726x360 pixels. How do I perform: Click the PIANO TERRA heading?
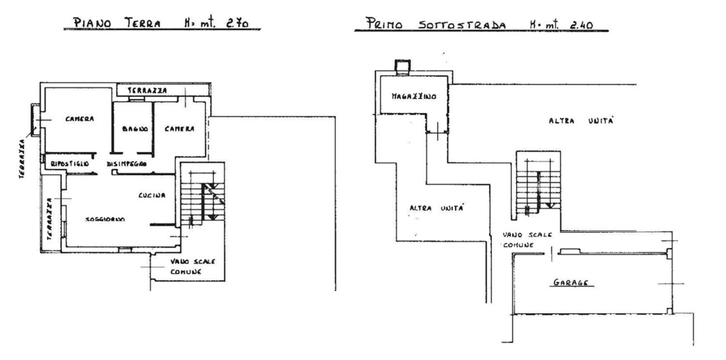point(117,23)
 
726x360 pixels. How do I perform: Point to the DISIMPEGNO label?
point(127,164)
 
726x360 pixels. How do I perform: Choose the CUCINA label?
point(152,195)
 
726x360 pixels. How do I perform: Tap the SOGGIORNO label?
point(105,219)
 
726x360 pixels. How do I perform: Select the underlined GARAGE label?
point(573,283)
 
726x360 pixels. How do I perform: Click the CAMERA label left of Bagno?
point(80,119)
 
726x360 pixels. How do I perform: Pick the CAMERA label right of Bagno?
point(179,129)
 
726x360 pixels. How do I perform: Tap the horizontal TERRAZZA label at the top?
point(148,90)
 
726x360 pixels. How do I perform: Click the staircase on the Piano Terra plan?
point(202,198)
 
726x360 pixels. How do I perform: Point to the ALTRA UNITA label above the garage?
point(581,121)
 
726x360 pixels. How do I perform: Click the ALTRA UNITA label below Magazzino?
point(437,208)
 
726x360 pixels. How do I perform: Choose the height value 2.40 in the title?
point(582,24)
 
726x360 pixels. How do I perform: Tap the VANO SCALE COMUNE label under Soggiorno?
point(192,266)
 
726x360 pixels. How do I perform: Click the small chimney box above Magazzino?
point(402,66)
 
